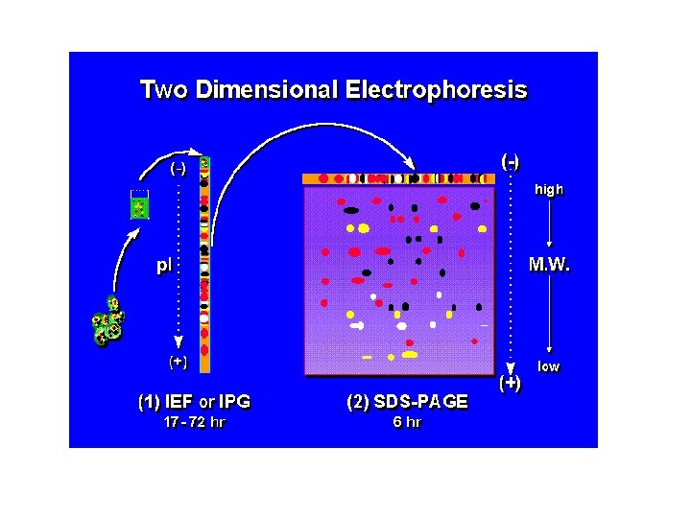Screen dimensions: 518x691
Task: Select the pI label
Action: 164,266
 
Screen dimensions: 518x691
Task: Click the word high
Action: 549,190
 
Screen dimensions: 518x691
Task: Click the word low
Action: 549,366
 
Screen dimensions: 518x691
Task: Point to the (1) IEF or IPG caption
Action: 200,402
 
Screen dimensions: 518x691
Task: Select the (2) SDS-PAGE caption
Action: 407,402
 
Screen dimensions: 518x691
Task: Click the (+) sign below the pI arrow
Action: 178,363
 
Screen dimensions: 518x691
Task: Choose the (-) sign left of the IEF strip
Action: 178,169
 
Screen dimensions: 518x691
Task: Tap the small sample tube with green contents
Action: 140,204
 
